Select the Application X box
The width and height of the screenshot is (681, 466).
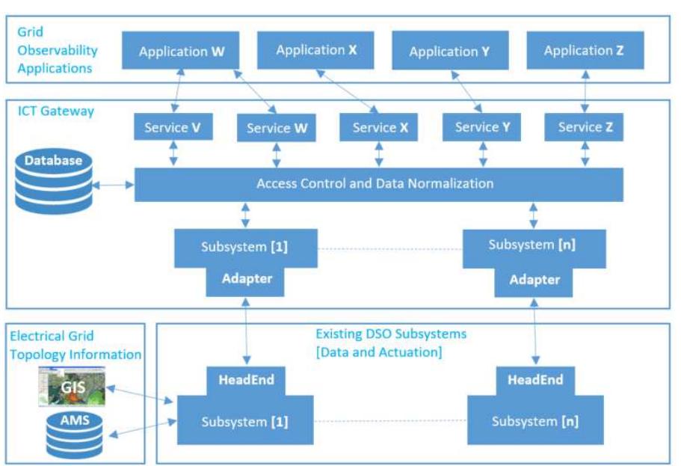tap(316, 50)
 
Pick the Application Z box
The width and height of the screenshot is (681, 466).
tap(584, 51)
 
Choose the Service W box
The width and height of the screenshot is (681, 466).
tap(277, 128)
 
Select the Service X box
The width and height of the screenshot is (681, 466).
tap(380, 127)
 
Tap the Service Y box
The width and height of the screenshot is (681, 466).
tap(482, 127)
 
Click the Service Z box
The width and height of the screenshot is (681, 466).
tap(585, 127)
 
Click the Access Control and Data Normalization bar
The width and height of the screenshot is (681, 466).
tap(378, 183)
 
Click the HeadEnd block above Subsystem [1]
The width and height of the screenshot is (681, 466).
tap(246, 380)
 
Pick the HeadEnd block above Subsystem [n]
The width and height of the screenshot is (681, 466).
tap(535, 380)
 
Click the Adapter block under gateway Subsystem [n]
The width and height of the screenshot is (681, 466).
tap(534, 280)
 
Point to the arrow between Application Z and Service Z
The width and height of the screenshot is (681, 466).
tap(585, 92)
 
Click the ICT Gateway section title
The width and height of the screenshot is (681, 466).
tap(56, 111)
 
